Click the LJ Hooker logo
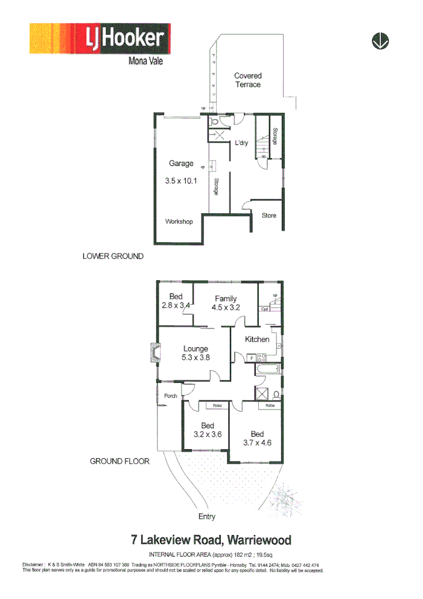coord(100,40)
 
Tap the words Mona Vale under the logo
coord(145,60)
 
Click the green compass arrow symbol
coord(380,41)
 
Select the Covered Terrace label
coord(248,80)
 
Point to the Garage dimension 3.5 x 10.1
coord(181,180)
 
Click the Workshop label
coord(179,222)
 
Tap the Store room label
coord(269,216)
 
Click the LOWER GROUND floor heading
coord(113,257)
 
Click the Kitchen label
coord(257,339)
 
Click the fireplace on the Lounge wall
coord(154,354)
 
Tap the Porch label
coord(170,396)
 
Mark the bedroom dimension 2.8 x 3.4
coord(176,306)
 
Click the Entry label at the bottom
coord(207,516)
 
